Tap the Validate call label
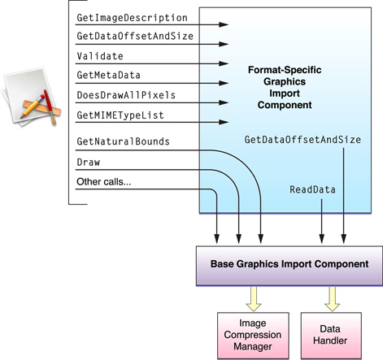click(x=100, y=56)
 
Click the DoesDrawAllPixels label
click(x=126, y=95)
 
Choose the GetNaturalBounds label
click(x=123, y=141)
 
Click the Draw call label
click(x=88, y=162)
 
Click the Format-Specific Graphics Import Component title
click(x=290, y=89)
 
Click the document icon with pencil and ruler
click(x=32, y=101)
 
